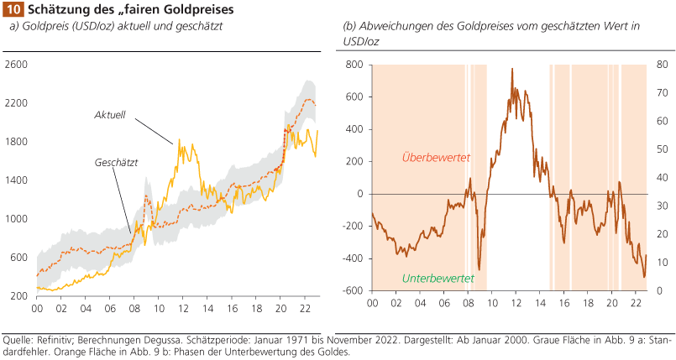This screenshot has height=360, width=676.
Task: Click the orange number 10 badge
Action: (x=13, y=9)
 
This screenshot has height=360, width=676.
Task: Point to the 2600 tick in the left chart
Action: (x=17, y=65)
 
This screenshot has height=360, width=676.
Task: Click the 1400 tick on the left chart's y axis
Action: (x=17, y=180)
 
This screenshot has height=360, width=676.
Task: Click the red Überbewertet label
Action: (x=436, y=157)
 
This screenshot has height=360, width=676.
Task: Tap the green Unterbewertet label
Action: (x=437, y=278)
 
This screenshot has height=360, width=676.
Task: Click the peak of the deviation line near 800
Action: (x=512, y=69)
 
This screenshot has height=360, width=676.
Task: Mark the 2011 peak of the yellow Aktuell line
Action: (x=179, y=141)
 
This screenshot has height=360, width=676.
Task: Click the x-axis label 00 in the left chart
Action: (x=37, y=309)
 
